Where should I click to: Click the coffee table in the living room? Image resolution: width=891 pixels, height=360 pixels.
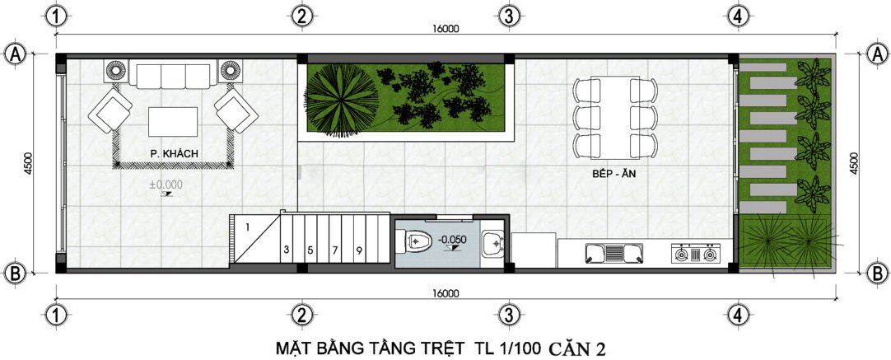(173, 121)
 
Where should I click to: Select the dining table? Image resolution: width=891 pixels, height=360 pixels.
(616, 118)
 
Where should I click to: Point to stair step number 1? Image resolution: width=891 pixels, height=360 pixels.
(248, 227)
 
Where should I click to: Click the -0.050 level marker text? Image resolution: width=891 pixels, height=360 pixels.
(452, 240)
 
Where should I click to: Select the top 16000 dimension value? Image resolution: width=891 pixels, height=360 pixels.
(445, 29)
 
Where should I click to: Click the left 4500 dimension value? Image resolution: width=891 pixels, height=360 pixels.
(29, 161)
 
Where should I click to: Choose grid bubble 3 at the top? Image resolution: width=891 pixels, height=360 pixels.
(509, 16)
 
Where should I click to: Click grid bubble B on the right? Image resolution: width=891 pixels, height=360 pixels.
(877, 273)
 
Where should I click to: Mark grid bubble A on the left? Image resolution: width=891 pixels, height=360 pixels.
(15, 54)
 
